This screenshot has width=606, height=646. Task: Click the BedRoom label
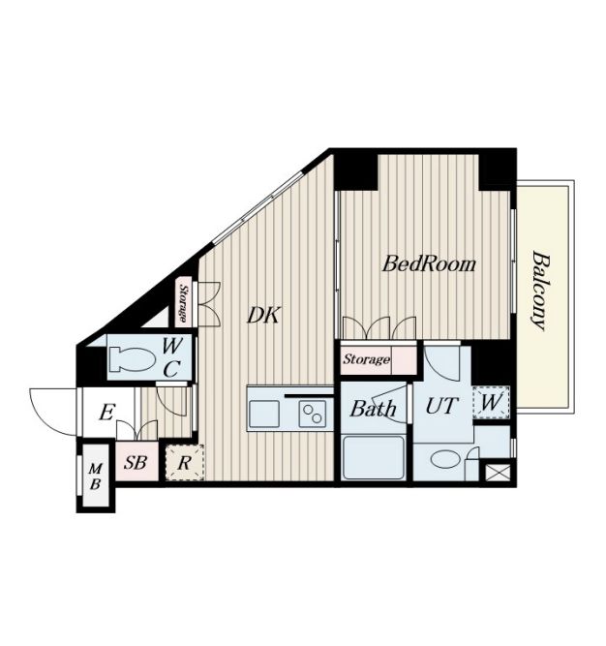point(429,264)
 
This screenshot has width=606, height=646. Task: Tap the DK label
point(264,316)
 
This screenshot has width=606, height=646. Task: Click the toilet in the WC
point(133,359)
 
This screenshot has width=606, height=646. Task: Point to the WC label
point(170,357)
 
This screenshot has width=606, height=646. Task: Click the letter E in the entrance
point(106,413)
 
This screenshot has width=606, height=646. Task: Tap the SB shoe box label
point(136,463)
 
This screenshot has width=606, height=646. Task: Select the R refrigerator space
point(185,463)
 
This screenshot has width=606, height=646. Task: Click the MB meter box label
point(96,477)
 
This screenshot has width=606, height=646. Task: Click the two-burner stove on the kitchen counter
point(312,414)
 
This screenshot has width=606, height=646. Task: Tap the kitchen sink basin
point(264,414)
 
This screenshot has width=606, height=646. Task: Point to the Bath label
point(373,409)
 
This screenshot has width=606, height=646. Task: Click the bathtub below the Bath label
point(373,457)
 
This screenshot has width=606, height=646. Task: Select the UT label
point(441,406)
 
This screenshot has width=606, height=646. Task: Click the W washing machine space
point(491,402)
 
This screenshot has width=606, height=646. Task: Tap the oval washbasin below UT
point(447,459)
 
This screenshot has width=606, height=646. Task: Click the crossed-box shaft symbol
point(499,472)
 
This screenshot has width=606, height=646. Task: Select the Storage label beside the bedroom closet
point(366,359)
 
